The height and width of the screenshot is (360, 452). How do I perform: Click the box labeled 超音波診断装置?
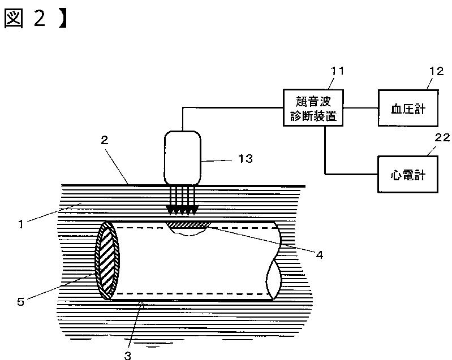(313, 108)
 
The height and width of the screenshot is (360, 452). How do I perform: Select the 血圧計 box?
(408, 108)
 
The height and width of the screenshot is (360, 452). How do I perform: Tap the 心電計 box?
(408, 174)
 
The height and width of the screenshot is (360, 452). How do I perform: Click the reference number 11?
(337, 71)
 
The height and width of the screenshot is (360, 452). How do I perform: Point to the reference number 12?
(436, 71)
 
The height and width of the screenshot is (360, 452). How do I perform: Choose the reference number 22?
(442, 138)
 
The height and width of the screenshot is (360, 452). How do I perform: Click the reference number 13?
(246, 158)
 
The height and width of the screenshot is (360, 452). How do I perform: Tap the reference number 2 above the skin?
(104, 140)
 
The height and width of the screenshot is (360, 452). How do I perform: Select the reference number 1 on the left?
(20, 224)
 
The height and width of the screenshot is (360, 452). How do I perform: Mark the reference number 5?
(20, 302)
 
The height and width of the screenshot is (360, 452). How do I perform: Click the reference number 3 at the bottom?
(128, 355)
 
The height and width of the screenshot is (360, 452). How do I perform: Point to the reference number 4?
(320, 255)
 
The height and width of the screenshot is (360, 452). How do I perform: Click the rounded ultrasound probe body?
(183, 158)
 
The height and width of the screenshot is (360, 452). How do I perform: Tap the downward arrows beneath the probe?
(182, 201)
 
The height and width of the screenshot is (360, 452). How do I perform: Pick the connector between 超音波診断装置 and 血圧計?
(360, 109)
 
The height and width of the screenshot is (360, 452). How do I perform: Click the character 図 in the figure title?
(14, 18)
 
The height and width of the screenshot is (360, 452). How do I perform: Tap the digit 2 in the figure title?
(40, 18)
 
